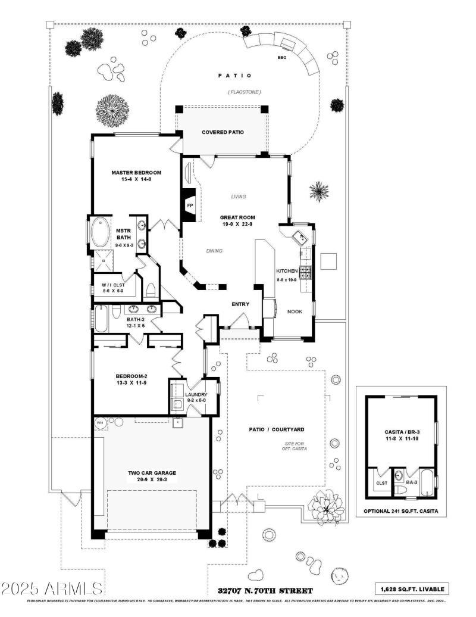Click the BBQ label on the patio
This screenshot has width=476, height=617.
[x=281, y=58]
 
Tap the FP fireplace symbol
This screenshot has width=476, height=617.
[x=190, y=205]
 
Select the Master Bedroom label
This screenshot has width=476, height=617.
[x=136, y=173]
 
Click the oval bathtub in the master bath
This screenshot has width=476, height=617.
[x=100, y=233]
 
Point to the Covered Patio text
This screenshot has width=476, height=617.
[x=223, y=132]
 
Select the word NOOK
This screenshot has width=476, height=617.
[x=295, y=311]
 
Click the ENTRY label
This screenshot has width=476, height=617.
[x=240, y=304]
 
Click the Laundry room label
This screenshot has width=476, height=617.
[x=196, y=395]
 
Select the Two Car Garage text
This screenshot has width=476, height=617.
[x=152, y=473]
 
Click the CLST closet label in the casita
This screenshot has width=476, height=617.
[x=381, y=483]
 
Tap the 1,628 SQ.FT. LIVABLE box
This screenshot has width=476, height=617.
[x=412, y=589]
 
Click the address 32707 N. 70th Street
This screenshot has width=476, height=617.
[x=265, y=591]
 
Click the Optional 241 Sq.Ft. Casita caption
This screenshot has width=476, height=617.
[x=401, y=511]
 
